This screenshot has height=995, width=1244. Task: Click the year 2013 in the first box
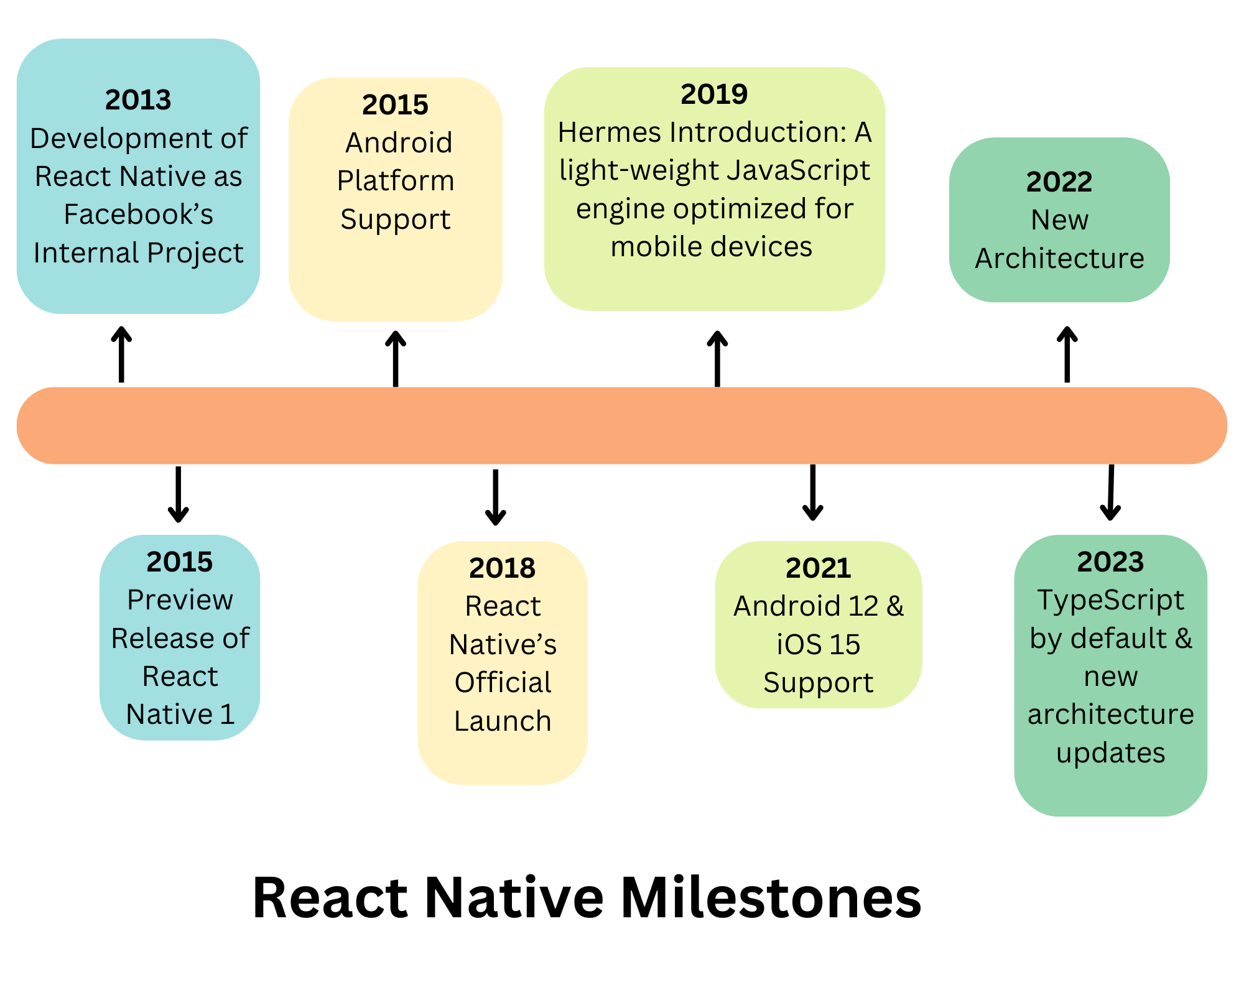click(138, 99)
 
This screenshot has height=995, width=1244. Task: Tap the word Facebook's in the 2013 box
click(138, 215)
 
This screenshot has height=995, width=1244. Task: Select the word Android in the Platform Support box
click(399, 143)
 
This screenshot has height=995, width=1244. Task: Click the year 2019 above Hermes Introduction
click(714, 94)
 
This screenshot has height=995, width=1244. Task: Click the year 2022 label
click(1059, 182)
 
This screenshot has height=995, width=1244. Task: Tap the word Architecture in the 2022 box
click(1059, 258)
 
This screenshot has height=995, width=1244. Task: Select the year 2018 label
click(502, 568)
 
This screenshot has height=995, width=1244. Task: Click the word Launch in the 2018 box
click(503, 721)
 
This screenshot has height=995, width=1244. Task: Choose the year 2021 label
click(818, 568)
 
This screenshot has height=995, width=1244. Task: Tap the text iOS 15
click(818, 645)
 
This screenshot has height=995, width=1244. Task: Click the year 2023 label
click(1110, 562)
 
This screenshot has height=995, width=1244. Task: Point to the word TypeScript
click(1110, 600)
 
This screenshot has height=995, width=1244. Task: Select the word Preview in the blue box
click(180, 600)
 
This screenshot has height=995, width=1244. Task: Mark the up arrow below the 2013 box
click(121, 354)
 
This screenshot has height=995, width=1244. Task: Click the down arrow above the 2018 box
click(495, 497)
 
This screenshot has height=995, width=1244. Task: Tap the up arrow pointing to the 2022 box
click(1067, 354)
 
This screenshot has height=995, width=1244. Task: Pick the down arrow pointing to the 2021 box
click(812, 493)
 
